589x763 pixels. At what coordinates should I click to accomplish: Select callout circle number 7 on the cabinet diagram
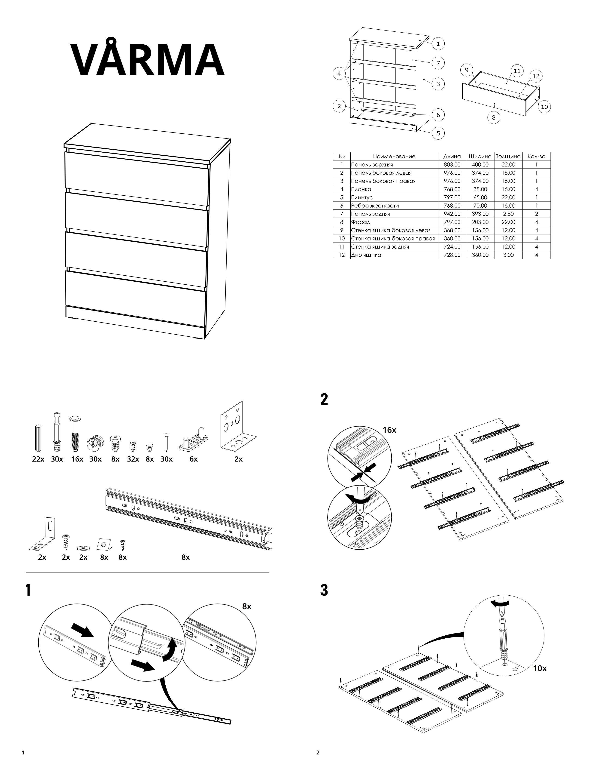438,63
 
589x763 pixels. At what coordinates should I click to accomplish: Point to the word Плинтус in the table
362,197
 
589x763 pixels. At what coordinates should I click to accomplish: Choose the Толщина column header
508,156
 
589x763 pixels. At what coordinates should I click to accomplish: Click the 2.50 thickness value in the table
508,214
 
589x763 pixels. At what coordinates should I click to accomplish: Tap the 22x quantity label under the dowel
38,459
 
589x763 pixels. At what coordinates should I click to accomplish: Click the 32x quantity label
133,459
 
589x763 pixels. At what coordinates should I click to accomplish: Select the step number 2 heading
324,399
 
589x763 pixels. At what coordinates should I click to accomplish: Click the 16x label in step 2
389,430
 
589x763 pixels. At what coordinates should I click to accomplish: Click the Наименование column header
394,156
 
